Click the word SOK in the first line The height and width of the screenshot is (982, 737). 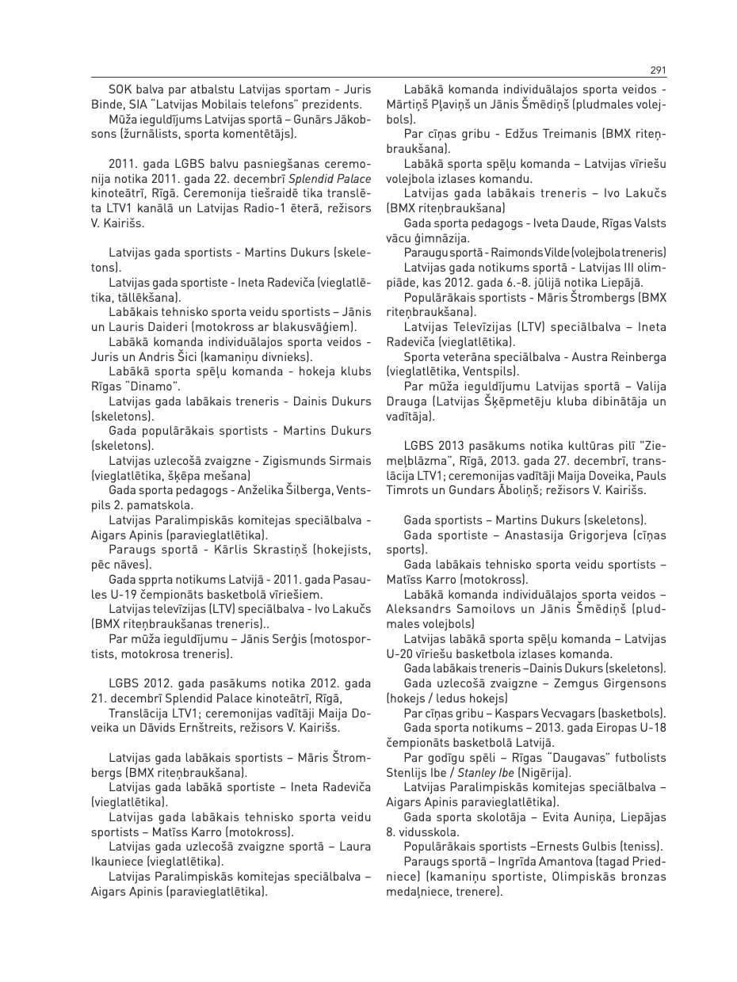[120, 90]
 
